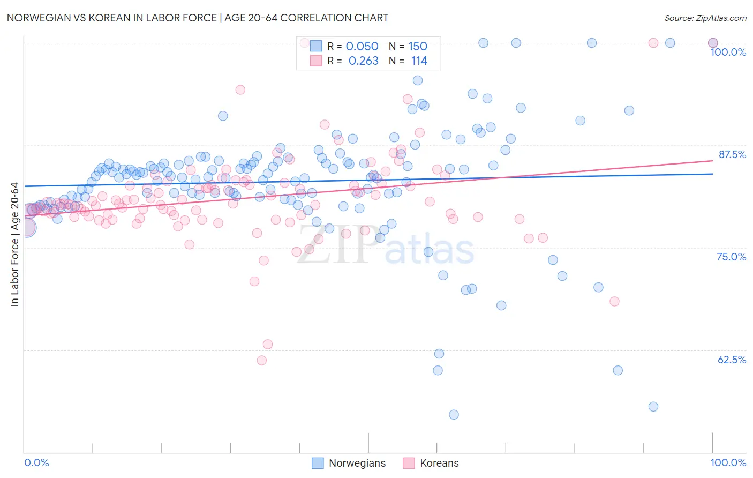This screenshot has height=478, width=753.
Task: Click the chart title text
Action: (198, 18)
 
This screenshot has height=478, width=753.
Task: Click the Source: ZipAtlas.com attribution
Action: (705, 18)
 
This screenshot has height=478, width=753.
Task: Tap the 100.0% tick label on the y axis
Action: (728, 52)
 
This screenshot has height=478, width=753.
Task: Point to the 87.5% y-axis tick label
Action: (732, 154)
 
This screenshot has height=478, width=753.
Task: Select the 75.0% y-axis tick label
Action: (731, 257)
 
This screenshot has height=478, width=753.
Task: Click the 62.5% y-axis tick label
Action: (732, 360)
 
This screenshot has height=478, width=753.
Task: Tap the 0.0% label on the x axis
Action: (36, 462)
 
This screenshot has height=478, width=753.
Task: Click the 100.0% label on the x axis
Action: (728, 462)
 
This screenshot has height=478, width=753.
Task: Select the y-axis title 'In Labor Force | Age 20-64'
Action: (14, 244)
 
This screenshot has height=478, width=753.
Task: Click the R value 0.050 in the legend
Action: (362, 47)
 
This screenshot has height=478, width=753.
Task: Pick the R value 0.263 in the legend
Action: (363, 61)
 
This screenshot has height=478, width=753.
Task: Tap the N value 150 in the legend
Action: (418, 47)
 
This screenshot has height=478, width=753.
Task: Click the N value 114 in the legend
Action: (419, 61)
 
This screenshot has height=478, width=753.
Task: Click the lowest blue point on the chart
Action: (454, 414)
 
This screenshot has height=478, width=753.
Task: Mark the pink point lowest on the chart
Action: (262, 360)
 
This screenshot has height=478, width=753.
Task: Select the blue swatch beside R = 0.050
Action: (316, 46)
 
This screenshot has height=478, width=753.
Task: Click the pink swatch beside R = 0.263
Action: (316, 61)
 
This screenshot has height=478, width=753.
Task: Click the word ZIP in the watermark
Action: (334, 244)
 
